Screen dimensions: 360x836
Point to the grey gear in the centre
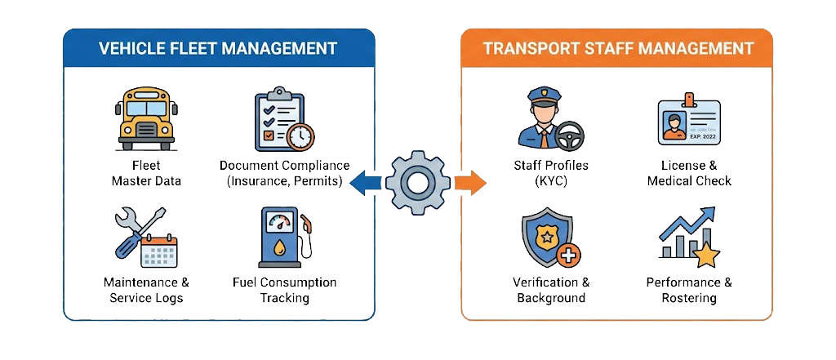coord(418,181)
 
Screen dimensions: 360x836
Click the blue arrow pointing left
coord(364,181)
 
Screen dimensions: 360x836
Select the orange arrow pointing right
coord(470,181)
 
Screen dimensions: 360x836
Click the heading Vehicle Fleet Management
coord(218,48)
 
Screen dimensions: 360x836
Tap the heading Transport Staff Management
coord(618,48)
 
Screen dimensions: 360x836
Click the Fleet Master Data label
coord(146,173)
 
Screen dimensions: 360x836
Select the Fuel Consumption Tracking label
coord(284,291)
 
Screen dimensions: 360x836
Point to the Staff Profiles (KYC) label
coord(551,173)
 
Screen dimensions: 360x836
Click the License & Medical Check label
coord(689,173)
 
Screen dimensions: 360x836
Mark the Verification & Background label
coord(551,291)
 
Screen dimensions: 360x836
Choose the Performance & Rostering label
coord(689,291)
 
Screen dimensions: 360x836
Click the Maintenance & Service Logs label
coord(146,291)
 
